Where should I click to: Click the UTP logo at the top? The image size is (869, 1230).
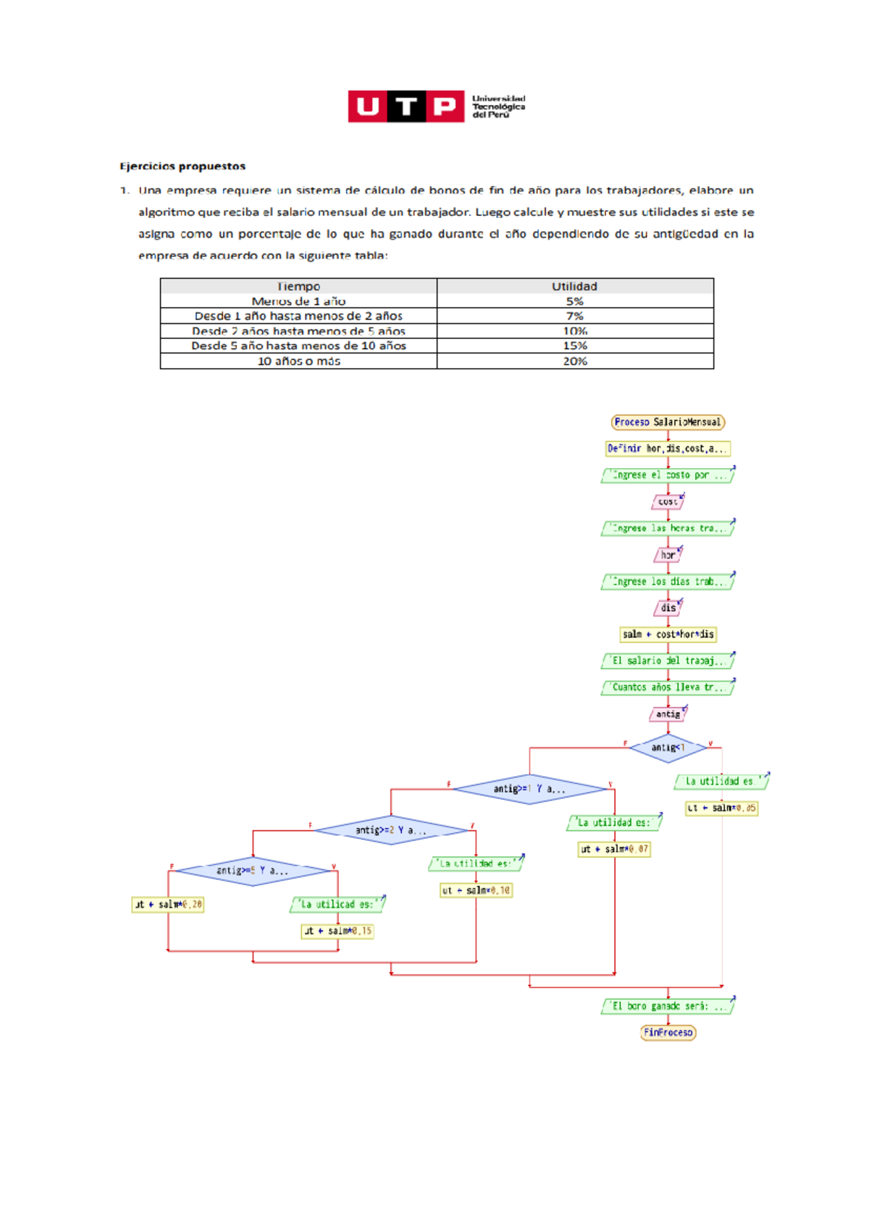[x=436, y=106]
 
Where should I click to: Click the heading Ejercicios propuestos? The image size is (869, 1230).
[x=182, y=166]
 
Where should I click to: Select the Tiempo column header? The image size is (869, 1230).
[x=298, y=286]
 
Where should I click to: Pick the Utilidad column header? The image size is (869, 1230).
[x=574, y=286]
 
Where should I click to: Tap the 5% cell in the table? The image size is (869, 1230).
[x=574, y=301]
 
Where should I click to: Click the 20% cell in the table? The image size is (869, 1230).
[x=574, y=361]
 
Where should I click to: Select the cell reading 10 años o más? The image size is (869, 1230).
[x=298, y=361]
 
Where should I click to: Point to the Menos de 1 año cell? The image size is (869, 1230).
[x=298, y=301]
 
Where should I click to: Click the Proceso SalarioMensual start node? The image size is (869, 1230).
[x=668, y=422]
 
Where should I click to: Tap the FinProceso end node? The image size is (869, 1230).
[x=668, y=1032]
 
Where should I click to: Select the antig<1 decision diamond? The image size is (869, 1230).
[x=668, y=748]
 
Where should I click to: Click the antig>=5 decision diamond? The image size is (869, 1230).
[x=253, y=871]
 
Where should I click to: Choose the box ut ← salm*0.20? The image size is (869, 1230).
[x=168, y=904]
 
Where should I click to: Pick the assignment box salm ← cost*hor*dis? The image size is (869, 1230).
[x=668, y=634]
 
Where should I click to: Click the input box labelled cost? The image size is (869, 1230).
[x=668, y=501]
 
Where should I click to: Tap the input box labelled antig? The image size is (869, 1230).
[x=668, y=714]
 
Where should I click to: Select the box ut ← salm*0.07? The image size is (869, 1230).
[x=614, y=849]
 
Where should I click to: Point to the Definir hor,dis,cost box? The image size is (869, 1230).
[x=667, y=448]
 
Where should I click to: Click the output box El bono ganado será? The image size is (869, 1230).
[x=667, y=1006]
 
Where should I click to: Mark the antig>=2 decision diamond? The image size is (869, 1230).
[x=391, y=830]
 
